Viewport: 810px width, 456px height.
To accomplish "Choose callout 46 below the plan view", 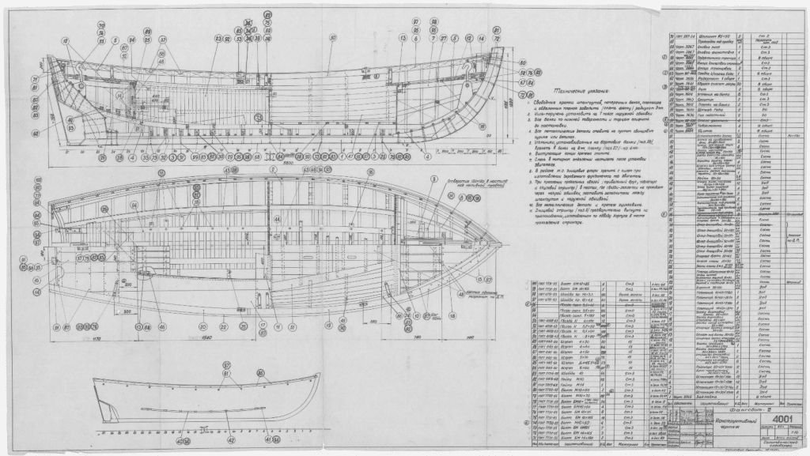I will (x=161, y=326).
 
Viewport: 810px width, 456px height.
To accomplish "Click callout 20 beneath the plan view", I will (x=203, y=326).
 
